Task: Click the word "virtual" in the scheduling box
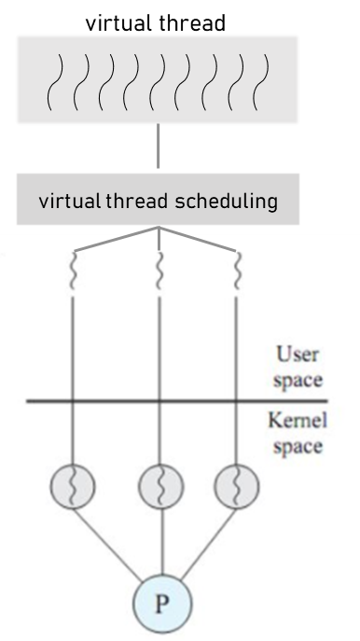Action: click(x=70, y=201)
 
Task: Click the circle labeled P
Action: click(x=162, y=604)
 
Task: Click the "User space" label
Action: click(x=299, y=368)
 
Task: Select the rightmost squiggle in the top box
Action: click(x=265, y=79)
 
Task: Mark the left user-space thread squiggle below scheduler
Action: click(x=73, y=272)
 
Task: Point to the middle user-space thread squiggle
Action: click(x=159, y=272)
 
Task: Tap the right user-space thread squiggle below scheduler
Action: click(x=237, y=272)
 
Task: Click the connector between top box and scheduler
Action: click(x=159, y=149)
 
